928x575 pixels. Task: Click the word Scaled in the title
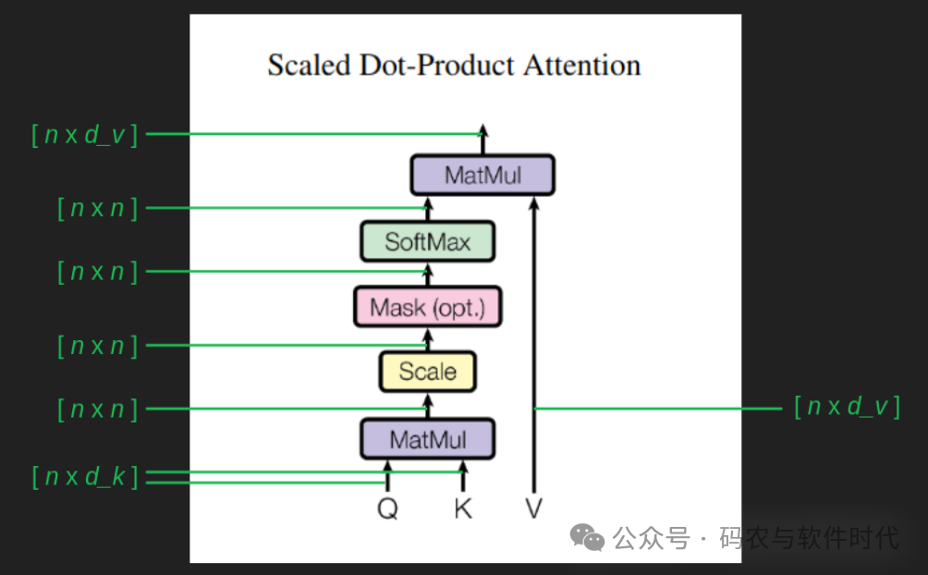(309, 67)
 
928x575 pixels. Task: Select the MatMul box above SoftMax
(482, 175)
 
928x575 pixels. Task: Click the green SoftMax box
(428, 242)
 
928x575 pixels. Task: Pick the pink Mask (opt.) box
(427, 307)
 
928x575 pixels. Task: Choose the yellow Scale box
(427, 372)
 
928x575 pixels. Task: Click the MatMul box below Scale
(427, 439)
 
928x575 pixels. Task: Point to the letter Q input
(387, 508)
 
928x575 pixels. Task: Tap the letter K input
(462, 508)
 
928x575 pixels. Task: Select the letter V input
(533, 508)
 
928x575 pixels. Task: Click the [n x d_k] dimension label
(84, 478)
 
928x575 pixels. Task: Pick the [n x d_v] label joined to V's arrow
(847, 408)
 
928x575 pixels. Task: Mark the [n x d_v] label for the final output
(84, 135)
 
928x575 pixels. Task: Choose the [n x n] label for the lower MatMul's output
(97, 409)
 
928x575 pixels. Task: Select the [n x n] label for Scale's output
(97, 347)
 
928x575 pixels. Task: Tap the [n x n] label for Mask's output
(97, 273)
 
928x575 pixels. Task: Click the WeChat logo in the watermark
(587, 536)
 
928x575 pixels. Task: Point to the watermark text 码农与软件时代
(811, 537)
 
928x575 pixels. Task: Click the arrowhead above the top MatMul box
(482, 130)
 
